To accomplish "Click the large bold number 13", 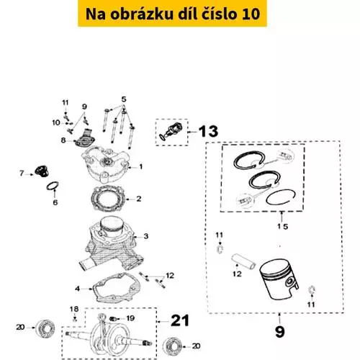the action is pyautogui.click(x=208, y=131).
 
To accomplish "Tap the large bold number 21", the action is pyautogui.click(x=180, y=320).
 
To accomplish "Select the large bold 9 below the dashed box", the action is pyautogui.click(x=279, y=331).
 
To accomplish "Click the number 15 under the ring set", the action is pyautogui.click(x=283, y=226).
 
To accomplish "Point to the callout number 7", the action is pyautogui.click(x=22, y=173).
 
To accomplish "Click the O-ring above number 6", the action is pyautogui.click(x=53, y=186).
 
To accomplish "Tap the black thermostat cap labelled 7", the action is pyautogui.click(x=42, y=171).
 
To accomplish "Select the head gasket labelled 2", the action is pyautogui.click(x=108, y=199).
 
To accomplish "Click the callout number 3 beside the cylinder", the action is pyautogui.click(x=146, y=236).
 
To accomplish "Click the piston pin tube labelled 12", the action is pyautogui.click(x=243, y=262).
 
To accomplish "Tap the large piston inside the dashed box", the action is pyautogui.click(x=279, y=279).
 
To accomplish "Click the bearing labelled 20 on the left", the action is pyautogui.click(x=45, y=328).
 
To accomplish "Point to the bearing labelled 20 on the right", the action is pyautogui.click(x=172, y=346).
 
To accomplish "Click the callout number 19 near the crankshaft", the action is pyautogui.click(x=130, y=318).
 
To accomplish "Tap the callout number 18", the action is pyautogui.click(x=74, y=309).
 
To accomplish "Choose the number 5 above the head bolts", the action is pyautogui.click(x=124, y=99).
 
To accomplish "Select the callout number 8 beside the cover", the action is pyautogui.click(x=63, y=140).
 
